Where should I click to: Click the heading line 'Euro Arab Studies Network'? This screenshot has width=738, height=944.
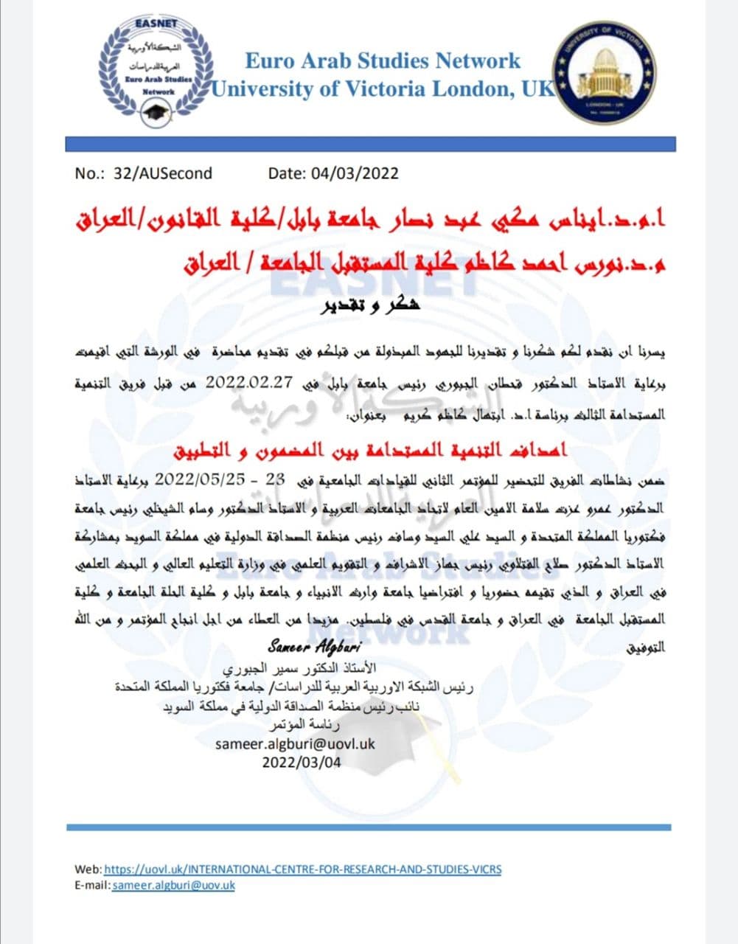click(383, 60)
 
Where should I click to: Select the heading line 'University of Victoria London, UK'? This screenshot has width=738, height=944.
click(383, 89)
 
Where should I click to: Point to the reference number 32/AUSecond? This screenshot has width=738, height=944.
click(163, 173)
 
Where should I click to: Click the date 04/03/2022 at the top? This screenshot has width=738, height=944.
click(355, 173)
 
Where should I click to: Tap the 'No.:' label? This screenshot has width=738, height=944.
click(91, 173)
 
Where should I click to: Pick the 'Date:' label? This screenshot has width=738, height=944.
click(288, 173)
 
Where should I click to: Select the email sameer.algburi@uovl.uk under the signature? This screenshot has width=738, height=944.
click(295, 743)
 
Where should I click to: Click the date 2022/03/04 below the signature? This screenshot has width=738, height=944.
click(302, 762)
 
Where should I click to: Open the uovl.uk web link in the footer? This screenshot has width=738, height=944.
click(302, 869)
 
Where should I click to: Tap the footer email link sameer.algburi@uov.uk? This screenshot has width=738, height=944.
click(173, 885)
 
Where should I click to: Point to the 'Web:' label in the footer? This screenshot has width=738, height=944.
click(88, 869)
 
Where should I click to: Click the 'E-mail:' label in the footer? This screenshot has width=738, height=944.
click(93, 885)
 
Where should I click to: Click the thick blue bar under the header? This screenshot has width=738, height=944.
click(370, 143)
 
